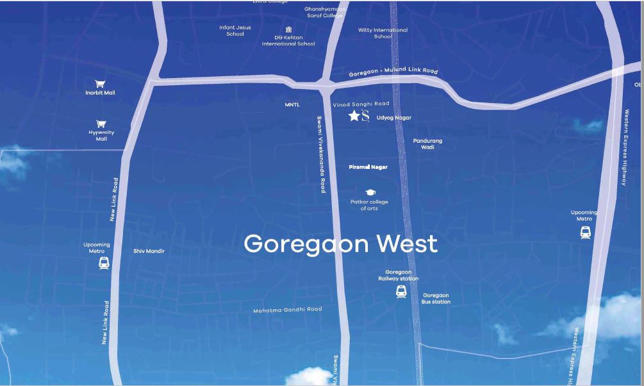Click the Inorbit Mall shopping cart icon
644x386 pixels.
100,84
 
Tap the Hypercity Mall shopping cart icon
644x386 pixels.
101,124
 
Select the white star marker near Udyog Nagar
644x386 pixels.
354,116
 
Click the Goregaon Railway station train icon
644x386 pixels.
401,292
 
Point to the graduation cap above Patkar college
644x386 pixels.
370,193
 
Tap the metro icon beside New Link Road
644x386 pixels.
104,262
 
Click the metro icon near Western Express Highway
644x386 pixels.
585,232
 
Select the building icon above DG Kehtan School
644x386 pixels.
289,29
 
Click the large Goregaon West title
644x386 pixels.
340,244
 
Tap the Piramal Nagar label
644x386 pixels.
368,167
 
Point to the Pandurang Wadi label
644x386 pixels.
427,144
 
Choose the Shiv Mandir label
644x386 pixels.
149,251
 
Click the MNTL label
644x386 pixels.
292,104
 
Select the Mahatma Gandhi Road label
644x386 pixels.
287,310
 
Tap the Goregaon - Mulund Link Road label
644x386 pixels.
393,72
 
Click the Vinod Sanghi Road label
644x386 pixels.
361,104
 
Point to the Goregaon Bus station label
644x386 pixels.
436,298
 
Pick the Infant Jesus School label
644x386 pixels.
235,31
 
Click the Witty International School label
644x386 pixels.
383,33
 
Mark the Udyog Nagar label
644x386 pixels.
394,118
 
